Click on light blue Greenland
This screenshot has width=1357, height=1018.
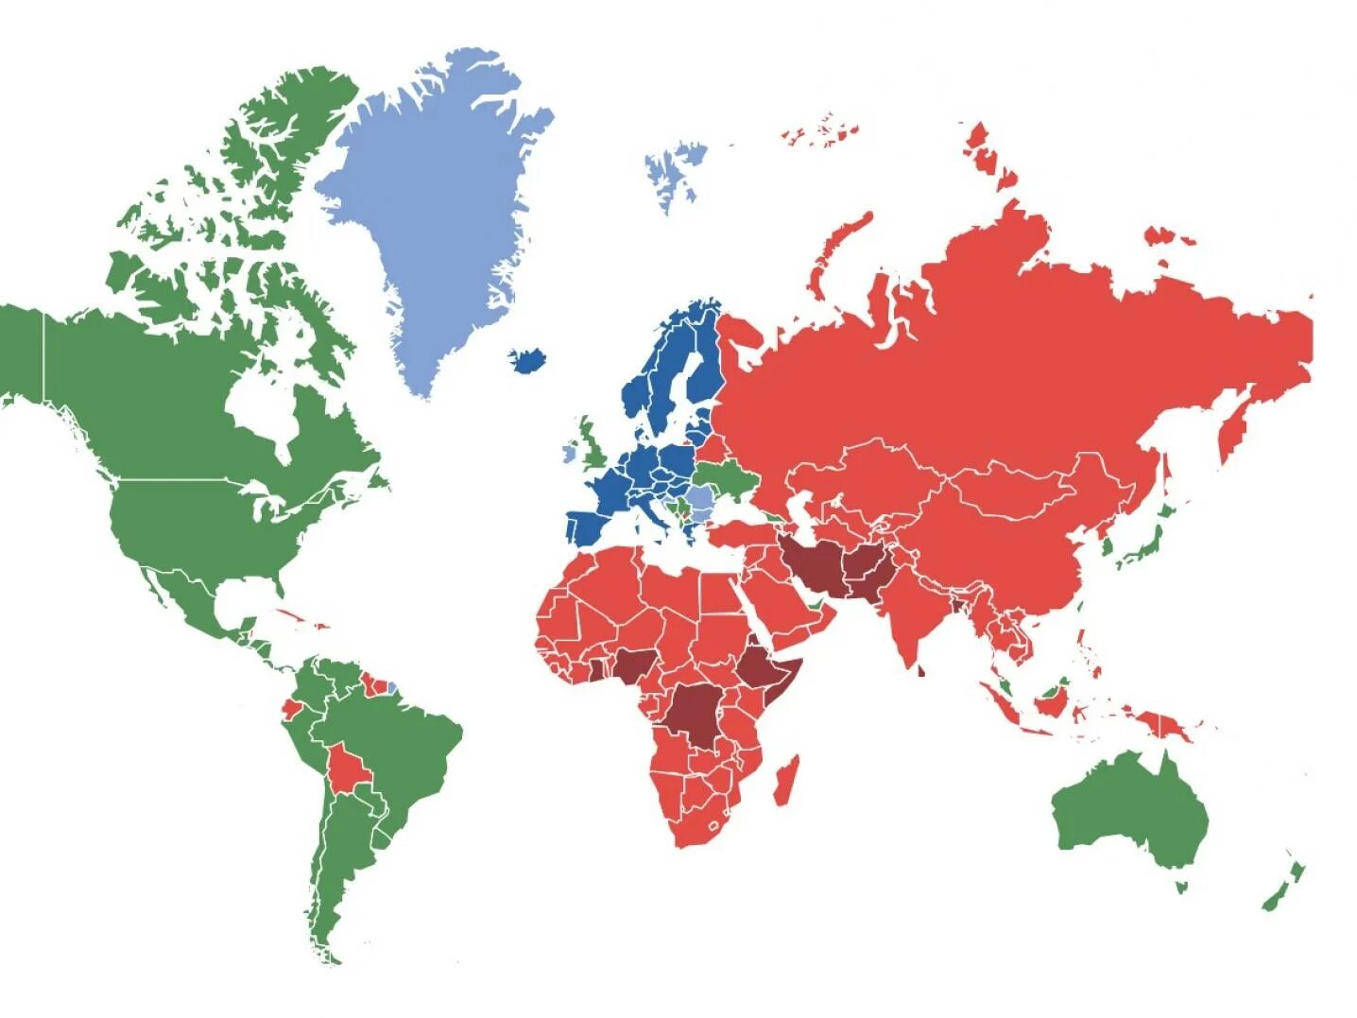point(425,208)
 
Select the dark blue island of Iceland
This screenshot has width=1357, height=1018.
point(529,359)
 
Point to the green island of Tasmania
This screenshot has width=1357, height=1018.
point(1181,886)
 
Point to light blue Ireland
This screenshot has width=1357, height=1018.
point(570,451)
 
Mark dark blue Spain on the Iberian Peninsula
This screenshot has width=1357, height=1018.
point(591,525)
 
